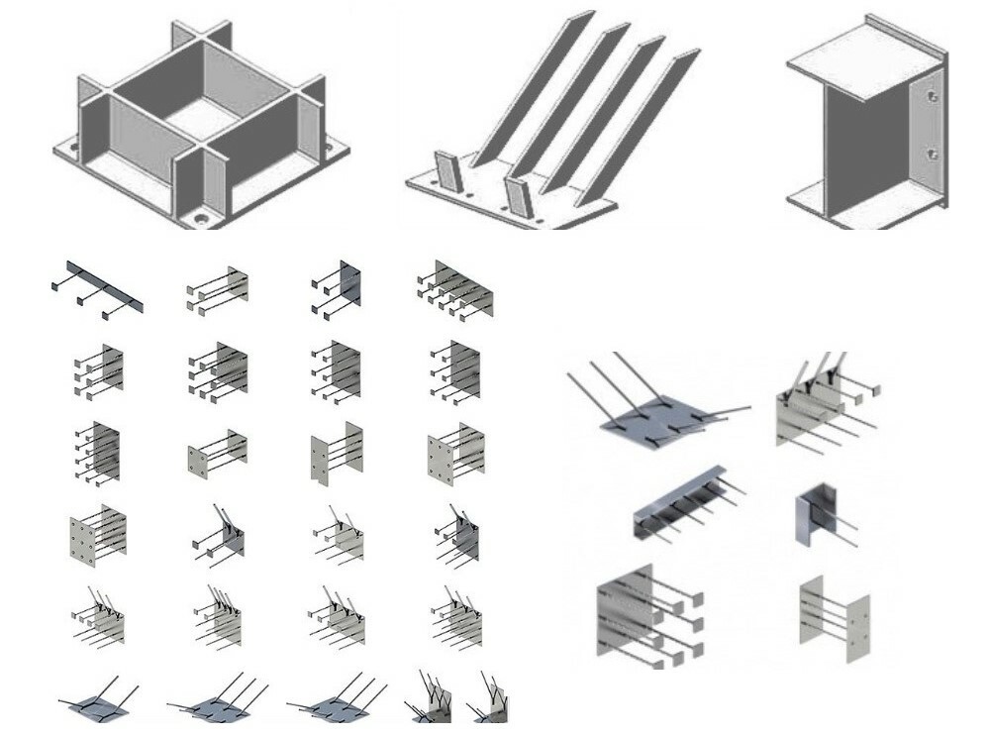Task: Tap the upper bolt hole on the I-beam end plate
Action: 933,97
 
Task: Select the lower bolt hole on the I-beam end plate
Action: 932,154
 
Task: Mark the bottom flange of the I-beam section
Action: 851,203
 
